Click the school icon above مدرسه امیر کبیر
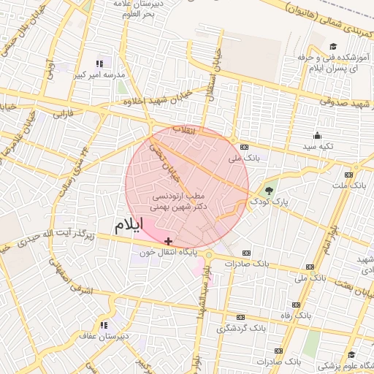[x=99, y=64]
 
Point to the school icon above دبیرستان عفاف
[x=104, y=324]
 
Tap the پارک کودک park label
[x=264, y=200]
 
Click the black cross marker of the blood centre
[x=169, y=241]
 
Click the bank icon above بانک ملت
[x=348, y=175]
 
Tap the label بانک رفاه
[x=296, y=316]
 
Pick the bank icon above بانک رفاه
[x=296, y=305]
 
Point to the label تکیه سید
[x=318, y=146]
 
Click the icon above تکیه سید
[x=317, y=135]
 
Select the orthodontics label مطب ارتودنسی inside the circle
[x=178, y=196]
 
